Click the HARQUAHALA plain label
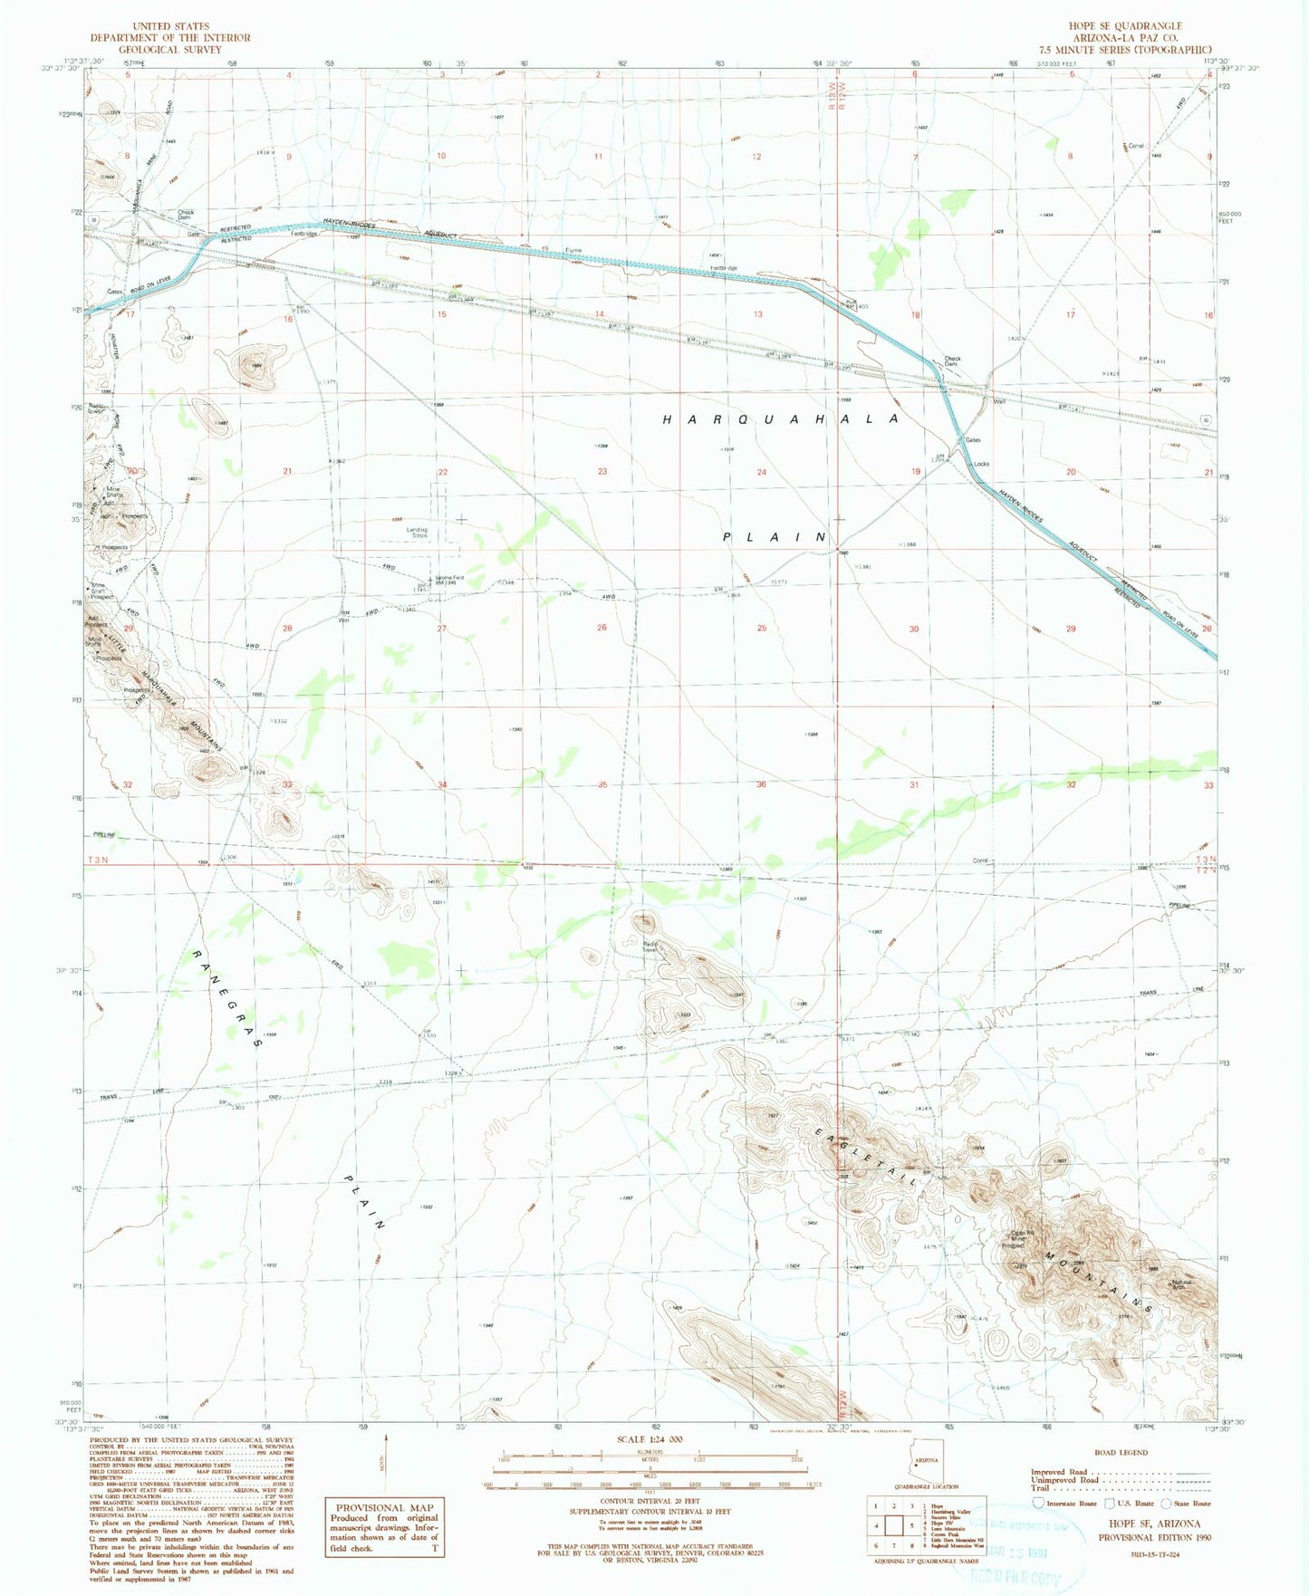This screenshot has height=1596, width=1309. pos(781,419)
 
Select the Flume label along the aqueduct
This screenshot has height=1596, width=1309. pos(573,250)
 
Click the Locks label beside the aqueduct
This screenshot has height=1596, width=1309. pos(981,464)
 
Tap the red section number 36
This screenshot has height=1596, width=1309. pos(761,784)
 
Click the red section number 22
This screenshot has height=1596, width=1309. pos(443,472)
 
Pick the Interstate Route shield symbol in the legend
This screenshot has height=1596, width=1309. pos(1038,1503)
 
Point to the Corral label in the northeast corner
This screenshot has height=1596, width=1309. pos(1136,145)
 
